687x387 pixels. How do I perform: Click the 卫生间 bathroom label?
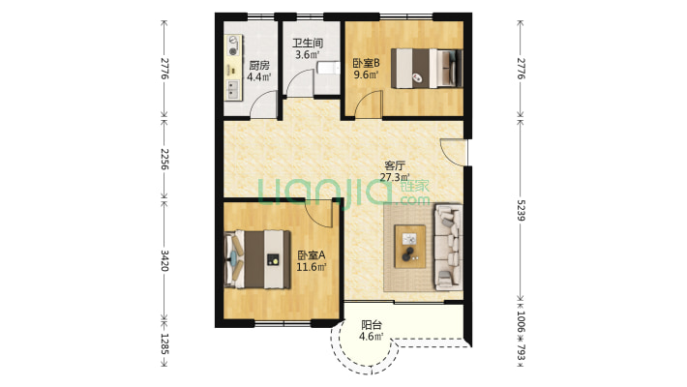pyautogui.click(x=308, y=43)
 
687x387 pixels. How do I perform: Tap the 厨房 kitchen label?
pyautogui.click(x=259, y=66)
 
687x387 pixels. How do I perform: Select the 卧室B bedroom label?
pyautogui.click(x=367, y=63)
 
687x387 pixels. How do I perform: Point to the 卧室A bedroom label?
pyautogui.click(x=312, y=254)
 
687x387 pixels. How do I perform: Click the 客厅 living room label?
pyautogui.click(x=395, y=165)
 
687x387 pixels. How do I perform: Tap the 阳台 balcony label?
pyautogui.click(x=372, y=325)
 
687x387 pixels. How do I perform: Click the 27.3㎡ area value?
pyautogui.click(x=395, y=177)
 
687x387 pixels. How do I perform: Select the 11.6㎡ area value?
pyautogui.click(x=312, y=266)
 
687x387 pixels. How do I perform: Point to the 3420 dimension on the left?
pyautogui.click(x=164, y=260)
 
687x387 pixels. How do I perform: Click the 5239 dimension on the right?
pyautogui.click(x=521, y=210)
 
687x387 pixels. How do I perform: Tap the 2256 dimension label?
pyautogui.click(x=164, y=159)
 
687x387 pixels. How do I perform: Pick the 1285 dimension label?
pyautogui.click(x=164, y=344)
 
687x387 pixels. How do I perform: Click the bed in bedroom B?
pyautogui.click(x=427, y=69)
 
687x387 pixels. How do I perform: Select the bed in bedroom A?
pyautogui.click(x=257, y=259)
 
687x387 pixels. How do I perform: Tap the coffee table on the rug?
pyautogui.click(x=409, y=246)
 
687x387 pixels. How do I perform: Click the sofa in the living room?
pyautogui.click(x=448, y=247)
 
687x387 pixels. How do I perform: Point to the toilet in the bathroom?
pyautogui.click(x=328, y=69)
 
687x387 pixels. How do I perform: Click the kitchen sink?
pyautogui.click(x=232, y=90)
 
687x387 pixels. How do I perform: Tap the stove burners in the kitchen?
pyautogui.click(x=233, y=45)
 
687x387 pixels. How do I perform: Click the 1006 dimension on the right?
pyautogui.click(x=521, y=322)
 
